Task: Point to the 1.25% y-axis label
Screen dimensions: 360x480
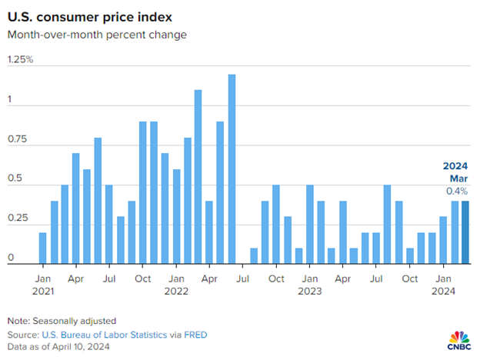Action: [x=20, y=59]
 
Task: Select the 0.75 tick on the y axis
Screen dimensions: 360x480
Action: [x=18, y=139]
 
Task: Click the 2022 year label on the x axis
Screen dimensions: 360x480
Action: [x=176, y=291]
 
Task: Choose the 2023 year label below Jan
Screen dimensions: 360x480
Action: [x=310, y=291]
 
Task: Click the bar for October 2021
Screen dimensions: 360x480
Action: [x=142, y=193]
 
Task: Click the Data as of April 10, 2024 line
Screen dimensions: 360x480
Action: [x=58, y=347]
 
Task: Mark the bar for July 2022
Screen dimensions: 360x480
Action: [x=254, y=257]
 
